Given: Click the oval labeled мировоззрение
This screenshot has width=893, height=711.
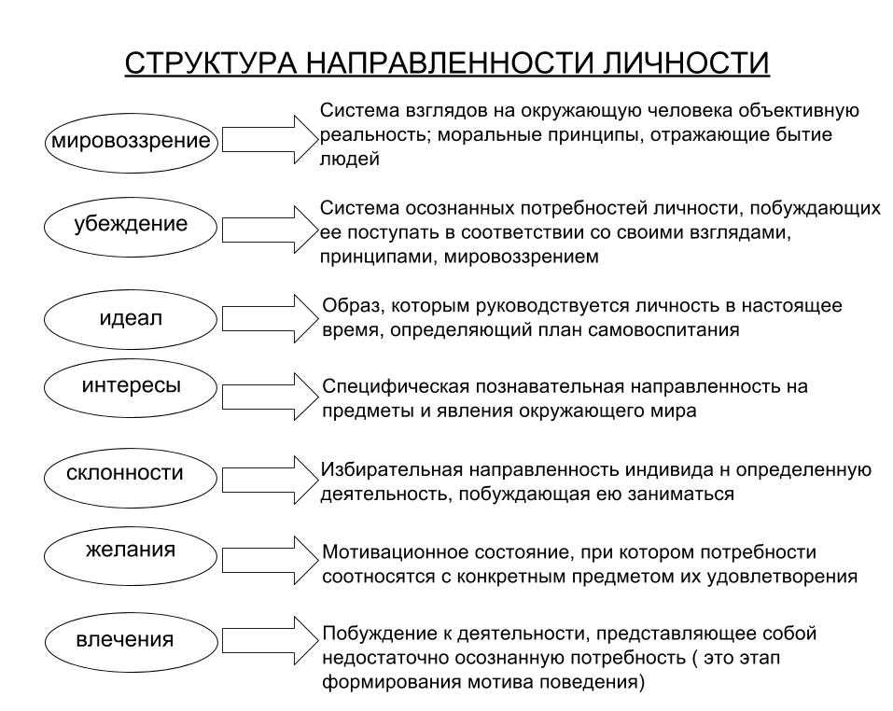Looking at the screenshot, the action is click(x=131, y=143).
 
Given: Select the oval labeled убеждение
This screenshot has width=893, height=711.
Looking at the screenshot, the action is click(x=131, y=227).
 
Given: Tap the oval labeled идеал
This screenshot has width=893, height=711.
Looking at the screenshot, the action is click(x=131, y=320).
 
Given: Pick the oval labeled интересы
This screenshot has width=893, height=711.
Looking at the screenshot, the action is click(x=131, y=387).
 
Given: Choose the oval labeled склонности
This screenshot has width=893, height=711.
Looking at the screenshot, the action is click(x=131, y=478).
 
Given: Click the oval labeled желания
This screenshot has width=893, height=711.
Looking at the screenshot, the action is click(x=131, y=556).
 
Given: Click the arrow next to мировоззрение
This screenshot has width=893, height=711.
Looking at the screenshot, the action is click(x=269, y=139).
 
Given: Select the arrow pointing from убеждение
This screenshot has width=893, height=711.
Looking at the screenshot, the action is click(x=269, y=230).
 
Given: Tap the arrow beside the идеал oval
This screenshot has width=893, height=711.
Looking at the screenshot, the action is click(x=270, y=318).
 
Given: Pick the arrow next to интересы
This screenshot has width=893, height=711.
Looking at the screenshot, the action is click(x=270, y=397).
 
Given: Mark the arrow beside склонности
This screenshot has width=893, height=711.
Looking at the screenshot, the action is click(x=270, y=480).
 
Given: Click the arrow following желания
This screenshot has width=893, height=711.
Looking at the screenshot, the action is click(x=270, y=560).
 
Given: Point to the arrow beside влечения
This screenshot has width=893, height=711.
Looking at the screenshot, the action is click(x=270, y=640).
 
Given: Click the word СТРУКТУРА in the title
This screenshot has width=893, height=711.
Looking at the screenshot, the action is click(x=211, y=63).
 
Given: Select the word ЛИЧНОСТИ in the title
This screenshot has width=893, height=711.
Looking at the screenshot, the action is click(x=685, y=63).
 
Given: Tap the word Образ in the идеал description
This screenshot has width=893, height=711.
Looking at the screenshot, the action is click(x=347, y=306).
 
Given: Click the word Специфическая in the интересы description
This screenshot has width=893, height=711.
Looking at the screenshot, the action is click(x=396, y=387).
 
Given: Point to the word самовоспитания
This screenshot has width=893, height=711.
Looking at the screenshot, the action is click(x=663, y=330).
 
